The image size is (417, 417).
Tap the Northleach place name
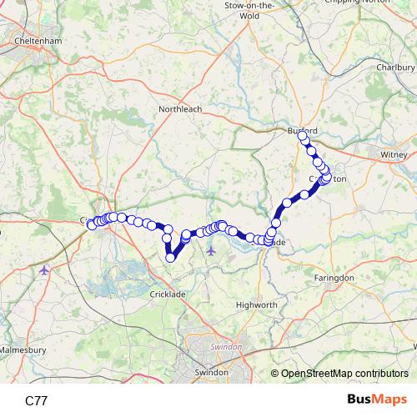(181, 108)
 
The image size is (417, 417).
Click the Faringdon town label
(334, 277)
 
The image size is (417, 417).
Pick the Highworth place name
(256, 305)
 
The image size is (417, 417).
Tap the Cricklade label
(168, 294)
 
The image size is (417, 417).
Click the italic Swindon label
(224, 346)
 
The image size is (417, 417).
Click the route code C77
(37, 400)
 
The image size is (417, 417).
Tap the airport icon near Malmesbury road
(44, 269)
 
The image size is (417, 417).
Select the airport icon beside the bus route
(211, 249)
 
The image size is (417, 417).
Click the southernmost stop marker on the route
(170, 258)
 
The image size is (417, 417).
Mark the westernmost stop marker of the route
(91, 224)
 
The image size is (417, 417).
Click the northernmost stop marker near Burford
(304, 138)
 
